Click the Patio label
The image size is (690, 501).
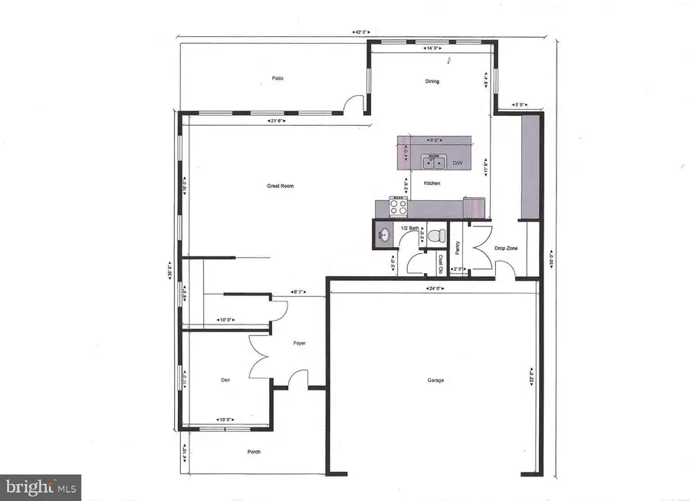(x=278, y=77)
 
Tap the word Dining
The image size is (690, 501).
(x=432, y=81)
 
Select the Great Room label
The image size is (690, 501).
(x=281, y=186)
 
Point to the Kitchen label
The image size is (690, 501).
(x=432, y=183)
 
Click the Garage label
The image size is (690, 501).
(x=435, y=381)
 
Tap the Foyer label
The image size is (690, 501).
(x=300, y=343)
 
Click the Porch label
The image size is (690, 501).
(x=253, y=452)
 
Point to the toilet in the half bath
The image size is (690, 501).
(x=434, y=235)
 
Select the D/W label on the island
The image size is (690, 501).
(x=457, y=163)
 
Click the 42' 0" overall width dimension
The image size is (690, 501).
(x=362, y=32)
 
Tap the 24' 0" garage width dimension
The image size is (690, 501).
(x=435, y=288)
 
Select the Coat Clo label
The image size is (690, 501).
(x=441, y=265)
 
